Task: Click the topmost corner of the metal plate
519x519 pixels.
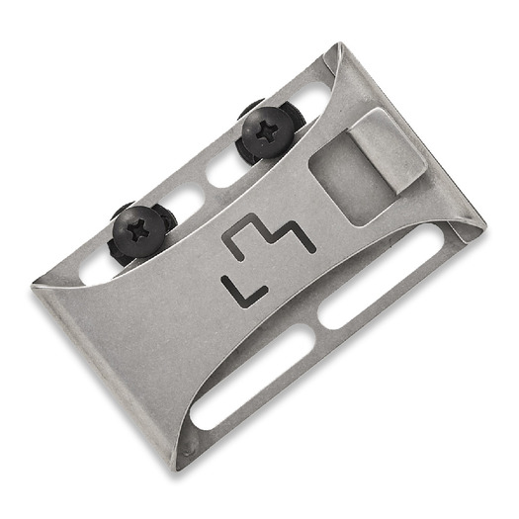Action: click(x=338, y=46)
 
